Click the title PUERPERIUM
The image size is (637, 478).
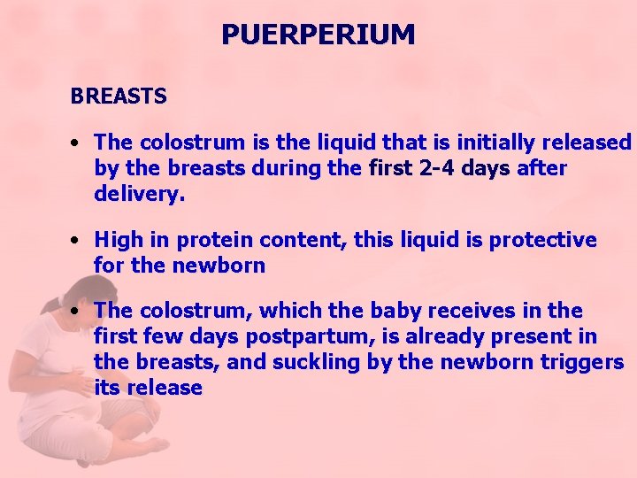click(x=318, y=35)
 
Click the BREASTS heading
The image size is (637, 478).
click(x=119, y=96)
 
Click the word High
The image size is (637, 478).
click(x=119, y=240)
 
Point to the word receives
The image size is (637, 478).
click(x=470, y=311)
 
